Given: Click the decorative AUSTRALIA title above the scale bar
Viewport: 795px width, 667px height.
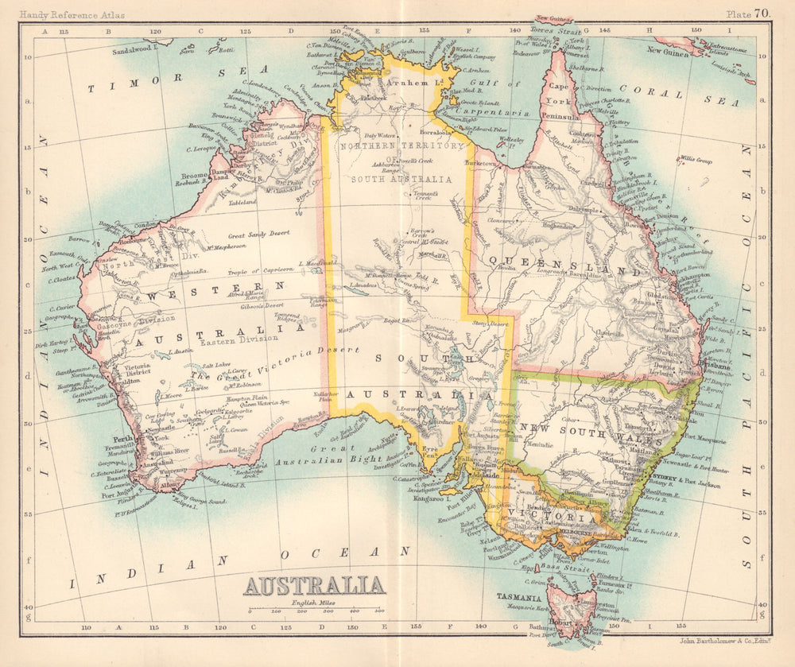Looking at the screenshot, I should point(314,586).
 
